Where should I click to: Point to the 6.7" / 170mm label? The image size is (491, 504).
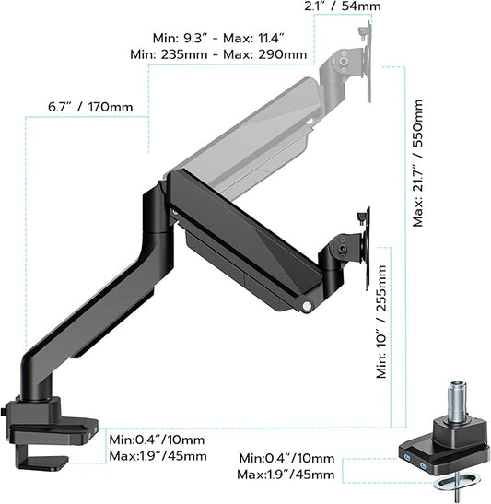coord(90,107)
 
